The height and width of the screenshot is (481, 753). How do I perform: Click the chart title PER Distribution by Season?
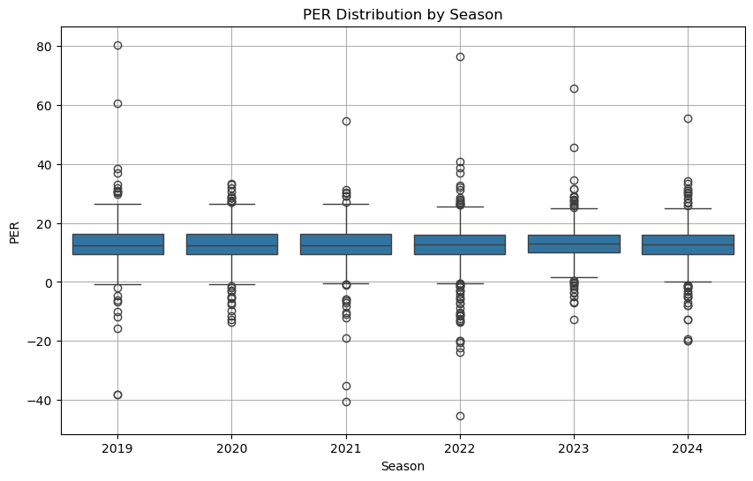[405, 14]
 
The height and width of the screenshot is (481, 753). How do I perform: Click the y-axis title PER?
[15, 231]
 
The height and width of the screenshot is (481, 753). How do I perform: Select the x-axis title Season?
[403, 466]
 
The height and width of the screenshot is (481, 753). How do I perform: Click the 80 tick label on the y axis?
[42, 46]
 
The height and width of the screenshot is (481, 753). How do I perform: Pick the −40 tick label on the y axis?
[39, 401]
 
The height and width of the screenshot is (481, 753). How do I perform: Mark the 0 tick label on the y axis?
[46, 282]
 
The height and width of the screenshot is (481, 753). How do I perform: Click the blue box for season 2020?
[231, 244]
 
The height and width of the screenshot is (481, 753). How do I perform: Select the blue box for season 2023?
[574, 244]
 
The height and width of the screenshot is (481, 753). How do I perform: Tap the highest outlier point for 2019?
[117, 45]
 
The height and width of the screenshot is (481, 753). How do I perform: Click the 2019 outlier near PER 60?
[117, 103]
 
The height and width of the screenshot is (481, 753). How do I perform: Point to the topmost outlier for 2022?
[460, 56]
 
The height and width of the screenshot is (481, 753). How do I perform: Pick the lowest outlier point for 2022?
[460, 416]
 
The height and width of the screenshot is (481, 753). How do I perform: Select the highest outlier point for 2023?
[574, 88]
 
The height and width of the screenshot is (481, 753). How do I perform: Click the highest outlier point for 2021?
[346, 121]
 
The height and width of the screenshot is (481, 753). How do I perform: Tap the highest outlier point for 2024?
[688, 118]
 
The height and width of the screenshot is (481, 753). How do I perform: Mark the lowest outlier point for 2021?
[346, 402]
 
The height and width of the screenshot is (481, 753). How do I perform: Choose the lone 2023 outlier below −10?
[574, 319]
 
